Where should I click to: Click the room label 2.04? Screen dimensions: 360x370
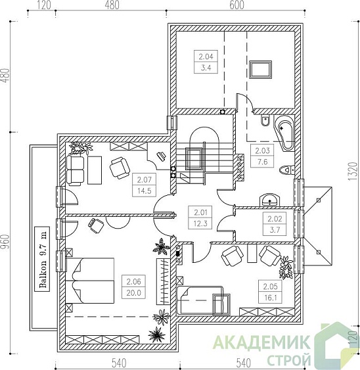coord(206,57)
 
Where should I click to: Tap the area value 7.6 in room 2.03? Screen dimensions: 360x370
coord(262,162)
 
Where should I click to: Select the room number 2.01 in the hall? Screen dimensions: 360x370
coord(200,212)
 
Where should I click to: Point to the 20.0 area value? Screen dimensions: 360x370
coord(134,293)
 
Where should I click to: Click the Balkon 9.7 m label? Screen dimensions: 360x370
coord(42,259)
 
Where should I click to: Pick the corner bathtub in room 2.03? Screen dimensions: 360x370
coord(284,133)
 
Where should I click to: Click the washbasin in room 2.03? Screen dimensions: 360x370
coord(269,200)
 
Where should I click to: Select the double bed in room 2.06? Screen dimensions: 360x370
coord(89,281)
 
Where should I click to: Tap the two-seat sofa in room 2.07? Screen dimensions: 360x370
coord(76,170)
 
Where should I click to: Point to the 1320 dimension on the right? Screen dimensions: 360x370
coord(353,172)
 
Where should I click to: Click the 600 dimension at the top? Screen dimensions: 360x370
coord(236,5)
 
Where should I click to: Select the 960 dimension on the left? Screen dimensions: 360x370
coord(5,243)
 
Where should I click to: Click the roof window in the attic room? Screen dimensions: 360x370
coord(260,70)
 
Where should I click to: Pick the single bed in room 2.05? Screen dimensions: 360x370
coord(200,300)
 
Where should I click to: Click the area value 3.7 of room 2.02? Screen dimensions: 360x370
coord(275,229)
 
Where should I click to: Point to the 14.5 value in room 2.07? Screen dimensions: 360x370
coord(144,191)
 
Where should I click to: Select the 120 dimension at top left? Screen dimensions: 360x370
coord(43,5)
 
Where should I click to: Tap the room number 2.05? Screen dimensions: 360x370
coord(271,287)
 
